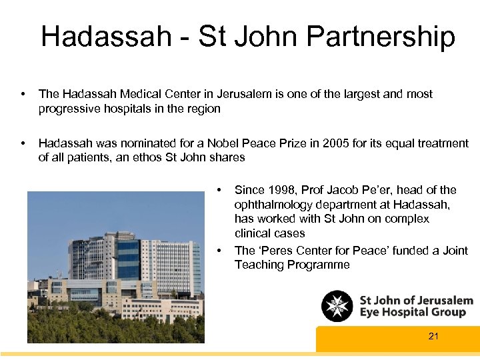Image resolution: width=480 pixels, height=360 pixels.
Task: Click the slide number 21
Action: (x=433, y=336)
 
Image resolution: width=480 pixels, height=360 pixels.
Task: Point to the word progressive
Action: (x=70, y=109)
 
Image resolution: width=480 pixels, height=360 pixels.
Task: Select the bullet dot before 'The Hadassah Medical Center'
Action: (x=23, y=94)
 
